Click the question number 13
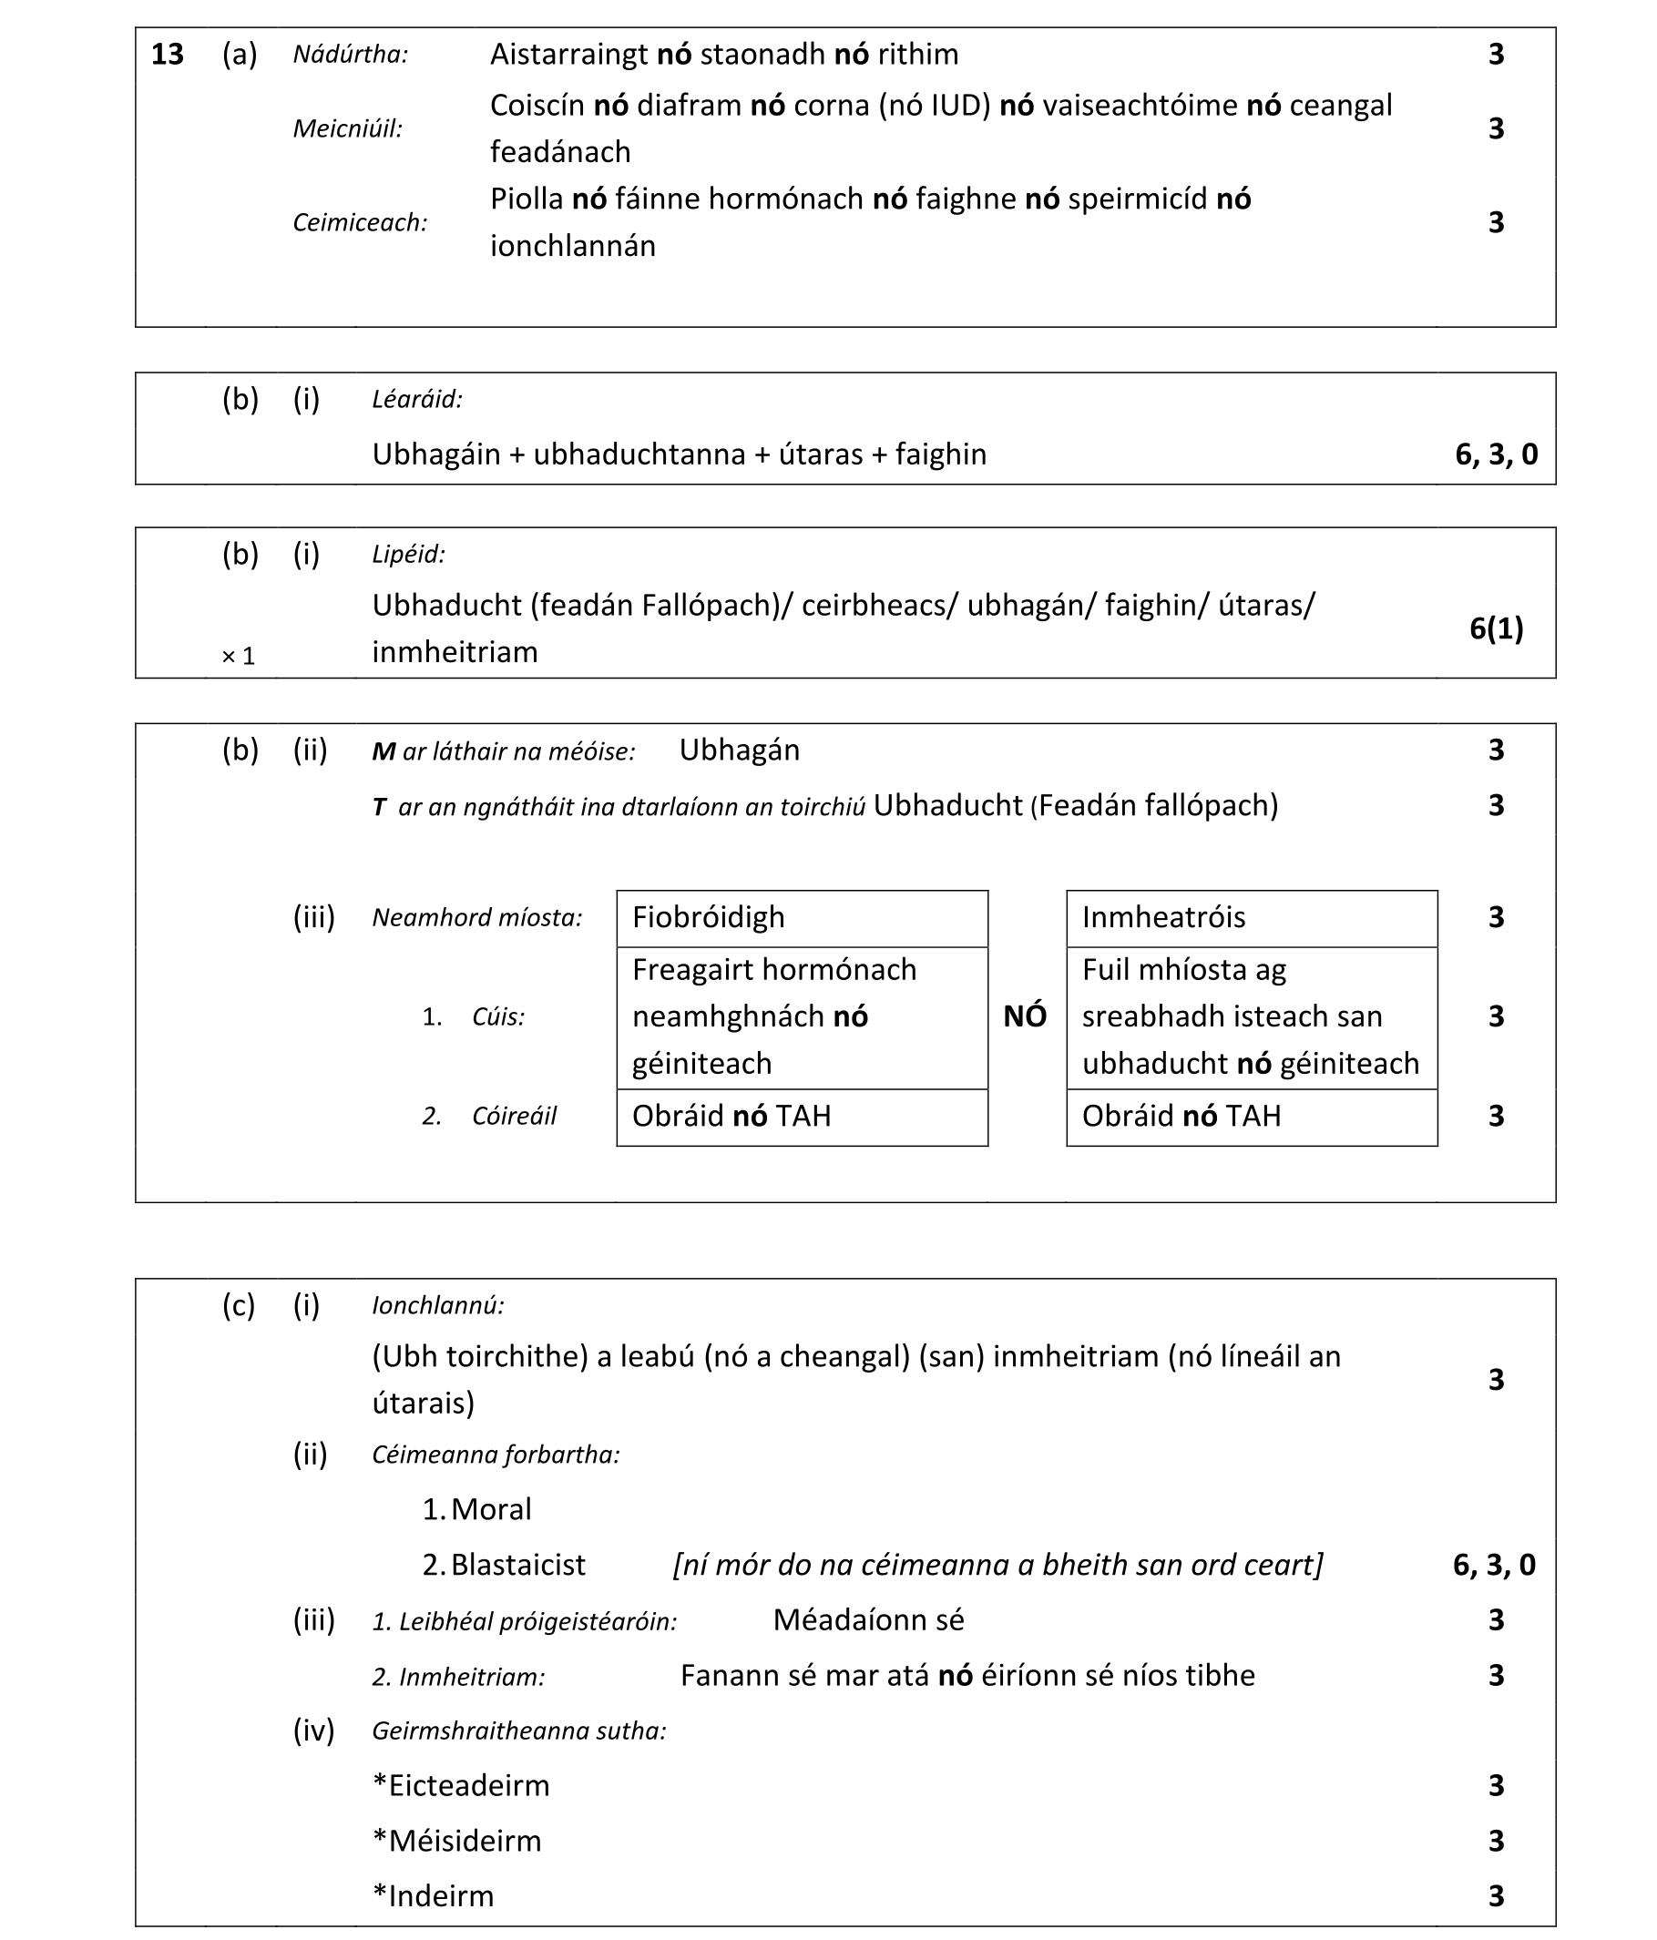click(x=167, y=55)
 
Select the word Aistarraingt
click(x=568, y=55)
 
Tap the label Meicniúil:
click(x=347, y=128)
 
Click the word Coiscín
click(x=537, y=106)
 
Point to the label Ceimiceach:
click(x=360, y=223)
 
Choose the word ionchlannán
click(x=572, y=246)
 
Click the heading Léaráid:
click(x=417, y=400)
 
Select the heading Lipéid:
click(x=408, y=555)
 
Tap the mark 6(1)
click(x=1496, y=628)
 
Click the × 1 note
click(x=238, y=657)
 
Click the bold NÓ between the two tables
click(x=1025, y=1016)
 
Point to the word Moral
click(x=491, y=1509)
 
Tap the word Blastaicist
click(x=518, y=1565)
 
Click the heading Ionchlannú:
click(x=437, y=1305)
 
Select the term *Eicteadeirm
click(x=461, y=1785)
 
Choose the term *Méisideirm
click(x=457, y=1841)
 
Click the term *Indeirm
click(x=433, y=1896)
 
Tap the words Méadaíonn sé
click(x=868, y=1619)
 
